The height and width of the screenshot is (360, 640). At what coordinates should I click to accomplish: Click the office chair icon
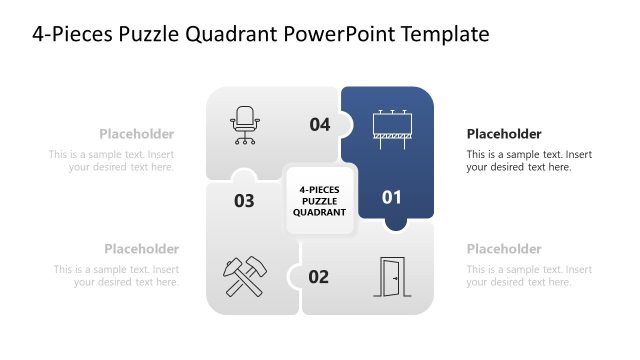click(245, 125)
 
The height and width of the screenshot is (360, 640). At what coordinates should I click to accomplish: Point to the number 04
click(319, 125)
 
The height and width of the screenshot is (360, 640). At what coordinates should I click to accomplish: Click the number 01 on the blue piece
click(391, 197)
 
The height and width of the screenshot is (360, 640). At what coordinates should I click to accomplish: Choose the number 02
click(318, 277)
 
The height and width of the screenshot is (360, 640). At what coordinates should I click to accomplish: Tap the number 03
click(244, 201)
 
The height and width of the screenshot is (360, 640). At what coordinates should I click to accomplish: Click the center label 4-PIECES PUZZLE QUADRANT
click(319, 199)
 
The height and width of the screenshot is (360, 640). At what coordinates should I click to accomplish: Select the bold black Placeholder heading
click(504, 134)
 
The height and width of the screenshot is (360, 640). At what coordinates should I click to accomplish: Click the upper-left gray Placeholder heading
click(136, 134)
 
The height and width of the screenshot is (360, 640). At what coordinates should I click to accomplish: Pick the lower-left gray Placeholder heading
click(141, 249)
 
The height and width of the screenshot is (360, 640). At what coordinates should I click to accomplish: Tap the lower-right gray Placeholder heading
click(504, 249)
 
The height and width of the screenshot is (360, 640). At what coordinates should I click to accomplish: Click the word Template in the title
click(445, 35)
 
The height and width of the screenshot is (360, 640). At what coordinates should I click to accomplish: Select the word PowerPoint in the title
click(341, 35)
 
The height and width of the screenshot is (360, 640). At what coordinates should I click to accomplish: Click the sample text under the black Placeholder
click(529, 161)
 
